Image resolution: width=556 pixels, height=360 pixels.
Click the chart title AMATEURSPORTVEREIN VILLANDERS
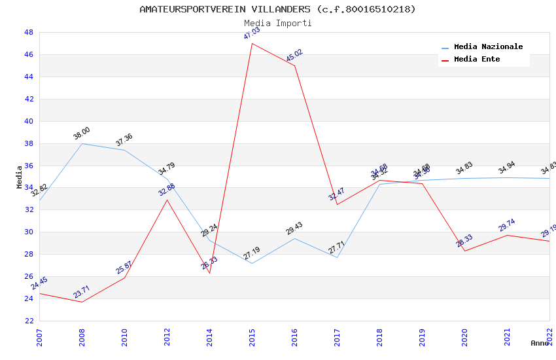pos(277,9)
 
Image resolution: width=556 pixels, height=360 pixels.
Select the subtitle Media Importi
pos(277,23)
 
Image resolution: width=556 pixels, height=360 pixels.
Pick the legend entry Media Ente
pos(477,60)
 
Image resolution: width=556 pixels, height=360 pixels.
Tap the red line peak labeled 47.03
pos(252,44)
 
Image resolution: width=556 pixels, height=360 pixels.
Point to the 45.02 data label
pos(294,56)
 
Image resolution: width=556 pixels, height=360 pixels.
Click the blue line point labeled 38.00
pos(82,143)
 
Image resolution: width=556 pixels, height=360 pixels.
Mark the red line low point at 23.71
pos(82,302)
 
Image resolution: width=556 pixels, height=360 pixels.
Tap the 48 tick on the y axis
pos(29,32)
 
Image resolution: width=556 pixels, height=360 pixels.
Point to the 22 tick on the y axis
pos(29,321)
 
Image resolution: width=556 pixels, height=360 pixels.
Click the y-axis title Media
pos(20,177)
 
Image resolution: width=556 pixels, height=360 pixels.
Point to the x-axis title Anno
pos(540,343)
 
